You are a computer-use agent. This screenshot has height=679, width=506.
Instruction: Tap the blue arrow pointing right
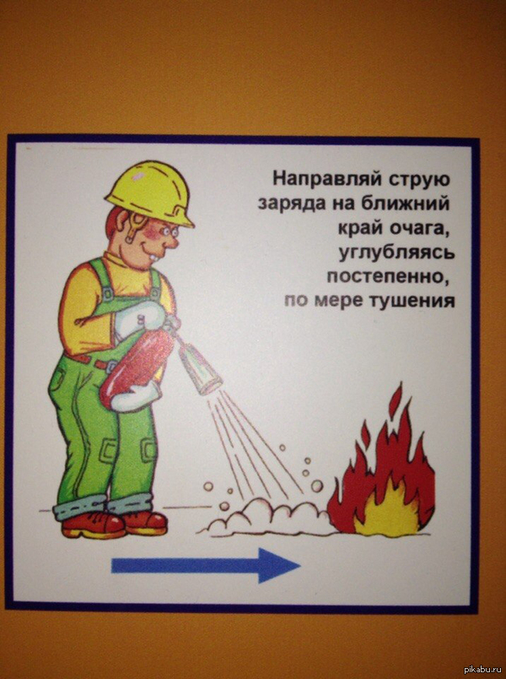tap(206, 565)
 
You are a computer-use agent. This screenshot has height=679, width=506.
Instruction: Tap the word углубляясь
tap(396, 253)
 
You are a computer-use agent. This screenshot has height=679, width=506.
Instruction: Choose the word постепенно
tap(386, 276)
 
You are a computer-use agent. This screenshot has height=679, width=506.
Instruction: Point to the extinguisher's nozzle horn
tap(200, 367)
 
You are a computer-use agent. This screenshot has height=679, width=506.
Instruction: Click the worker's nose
tap(173, 243)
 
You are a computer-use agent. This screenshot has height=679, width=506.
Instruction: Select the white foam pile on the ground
tap(267, 518)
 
